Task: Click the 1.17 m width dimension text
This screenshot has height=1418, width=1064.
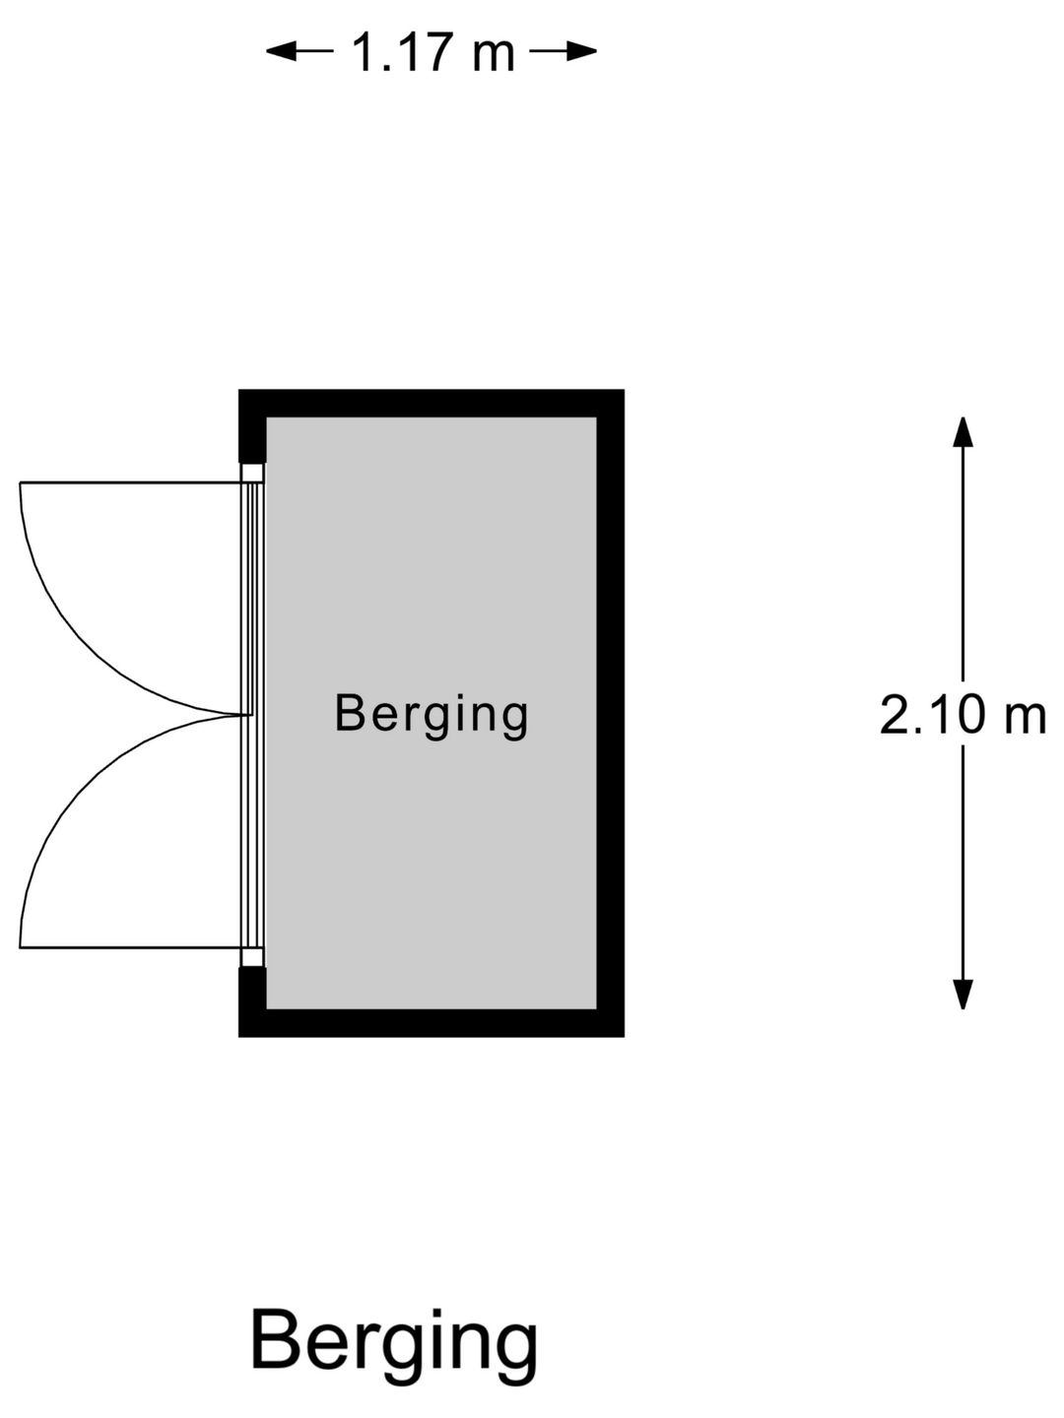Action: pyautogui.click(x=432, y=51)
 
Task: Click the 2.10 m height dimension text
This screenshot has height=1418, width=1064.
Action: pyautogui.click(x=963, y=715)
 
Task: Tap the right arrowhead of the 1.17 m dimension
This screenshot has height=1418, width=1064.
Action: pyautogui.click(x=581, y=51)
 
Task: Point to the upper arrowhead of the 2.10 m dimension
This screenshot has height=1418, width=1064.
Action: pyautogui.click(x=963, y=431)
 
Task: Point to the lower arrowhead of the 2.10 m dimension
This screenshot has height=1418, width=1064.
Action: pyautogui.click(x=963, y=995)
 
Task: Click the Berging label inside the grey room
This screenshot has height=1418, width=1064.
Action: pyautogui.click(x=431, y=715)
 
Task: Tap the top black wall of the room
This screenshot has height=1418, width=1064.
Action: pyautogui.click(x=432, y=403)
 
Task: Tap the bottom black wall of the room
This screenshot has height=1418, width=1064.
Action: pyautogui.click(x=432, y=1023)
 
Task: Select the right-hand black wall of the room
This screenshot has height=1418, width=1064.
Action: pyautogui.click(x=611, y=713)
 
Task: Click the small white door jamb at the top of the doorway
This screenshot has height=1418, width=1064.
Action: pyautogui.click(x=252, y=473)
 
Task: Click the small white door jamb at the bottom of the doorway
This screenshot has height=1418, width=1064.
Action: pyautogui.click(x=252, y=957)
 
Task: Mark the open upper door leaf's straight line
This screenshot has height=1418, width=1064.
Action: pyautogui.click(x=130, y=482)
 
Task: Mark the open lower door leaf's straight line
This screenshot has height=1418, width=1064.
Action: pyautogui.click(x=130, y=947)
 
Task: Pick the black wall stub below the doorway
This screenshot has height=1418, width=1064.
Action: pyautogui.click(x=252, y=988)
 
